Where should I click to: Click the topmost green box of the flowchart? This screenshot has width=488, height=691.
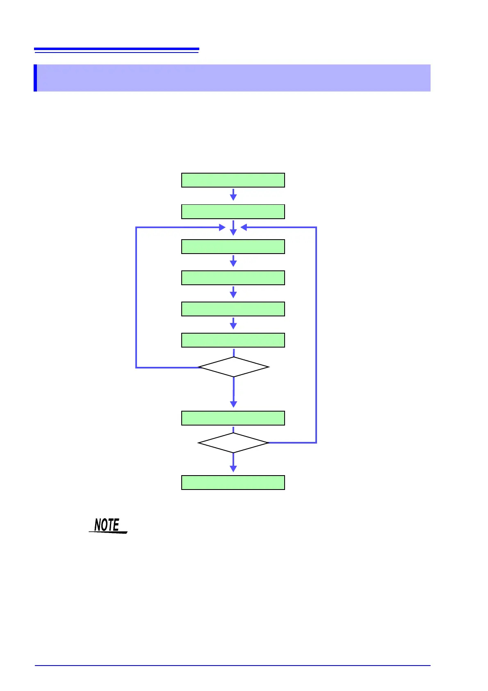click(x=233, y=180)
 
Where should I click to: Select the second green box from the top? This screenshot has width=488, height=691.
click(x=233, y=212)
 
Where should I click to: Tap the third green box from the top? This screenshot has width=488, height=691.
click(x=233, y=247)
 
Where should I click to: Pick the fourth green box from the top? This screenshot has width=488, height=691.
click(x=233, y=278)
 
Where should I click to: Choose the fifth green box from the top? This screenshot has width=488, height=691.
click(x=233, y=309)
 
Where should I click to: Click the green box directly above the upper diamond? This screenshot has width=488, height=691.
click(x=233, y=340)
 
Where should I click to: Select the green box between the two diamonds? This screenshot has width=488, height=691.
click(x=233, y=418)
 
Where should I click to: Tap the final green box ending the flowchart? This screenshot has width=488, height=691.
click(x=233, y=483)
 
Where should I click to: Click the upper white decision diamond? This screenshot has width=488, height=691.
click(x=233, y=367)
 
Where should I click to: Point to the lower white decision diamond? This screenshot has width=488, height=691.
click(x=233, y=443)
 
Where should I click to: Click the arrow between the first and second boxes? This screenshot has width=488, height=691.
click(x=233, y=195)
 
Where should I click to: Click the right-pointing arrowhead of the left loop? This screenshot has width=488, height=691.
click(x=222, y=227)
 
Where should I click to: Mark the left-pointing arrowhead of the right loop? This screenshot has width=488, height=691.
click(x=244, y=227)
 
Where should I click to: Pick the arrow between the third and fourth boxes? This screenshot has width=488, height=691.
click(x=233, y=261)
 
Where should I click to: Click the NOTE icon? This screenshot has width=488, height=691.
click(x=108, y=526)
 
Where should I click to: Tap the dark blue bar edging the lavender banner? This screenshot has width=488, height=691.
click(x=35, y=78)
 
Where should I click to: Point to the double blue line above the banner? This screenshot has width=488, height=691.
click(x=116, y=50)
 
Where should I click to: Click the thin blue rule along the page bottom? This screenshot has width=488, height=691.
click(x=233, y=666)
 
